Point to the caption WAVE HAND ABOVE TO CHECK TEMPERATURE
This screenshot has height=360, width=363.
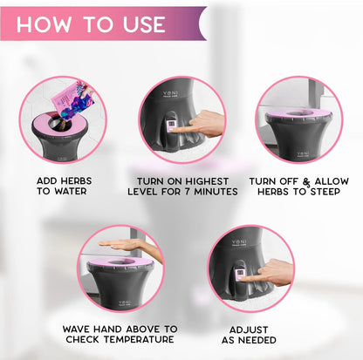coord(120,334)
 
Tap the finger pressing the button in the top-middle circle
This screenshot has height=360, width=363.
coord(206,123)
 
